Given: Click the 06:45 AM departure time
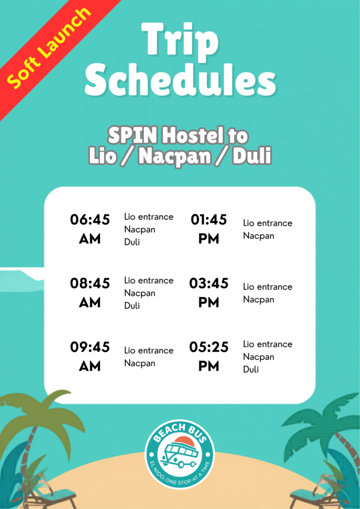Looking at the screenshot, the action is (x=90, y=229).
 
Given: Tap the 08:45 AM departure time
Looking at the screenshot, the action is (x=90, y=293).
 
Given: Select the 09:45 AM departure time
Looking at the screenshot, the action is (x=90, y=356).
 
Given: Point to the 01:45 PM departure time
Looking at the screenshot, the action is (x=209, y=229).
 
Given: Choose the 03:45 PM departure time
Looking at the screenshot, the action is (x=209, y=293).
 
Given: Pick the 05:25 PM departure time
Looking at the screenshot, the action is (x=209, y=356).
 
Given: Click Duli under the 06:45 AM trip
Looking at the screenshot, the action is (x=132, y=242).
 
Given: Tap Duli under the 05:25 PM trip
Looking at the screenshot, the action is (x=251, y=369).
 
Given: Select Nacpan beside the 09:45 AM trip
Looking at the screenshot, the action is (x=140, y=363).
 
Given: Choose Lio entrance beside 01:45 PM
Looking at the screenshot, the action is (x=268, y=223).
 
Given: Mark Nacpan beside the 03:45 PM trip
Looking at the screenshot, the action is (x=259, y=300).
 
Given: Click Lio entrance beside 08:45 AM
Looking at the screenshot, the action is (x=149, y=280).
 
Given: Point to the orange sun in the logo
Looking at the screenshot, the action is (x=184, y=441).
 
